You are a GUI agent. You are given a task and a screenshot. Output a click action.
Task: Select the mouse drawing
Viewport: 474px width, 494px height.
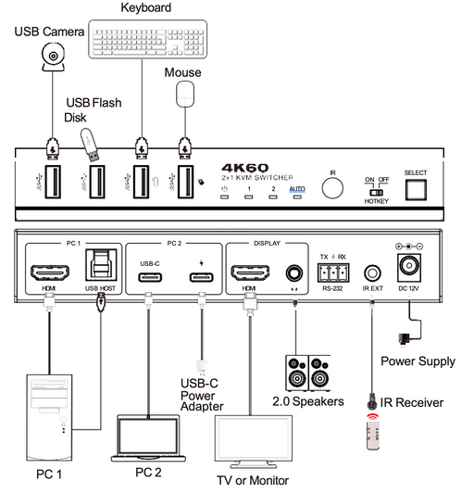[188, 95]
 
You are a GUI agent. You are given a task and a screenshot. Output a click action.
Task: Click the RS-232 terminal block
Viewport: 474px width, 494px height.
[332, 272]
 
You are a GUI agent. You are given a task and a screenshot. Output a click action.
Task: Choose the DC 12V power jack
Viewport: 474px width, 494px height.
[408, 269]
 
